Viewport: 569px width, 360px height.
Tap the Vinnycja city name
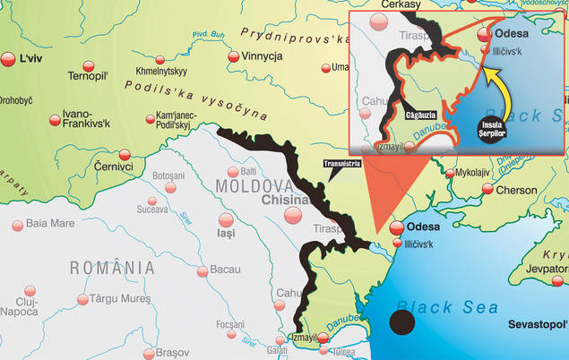tap(263, 56)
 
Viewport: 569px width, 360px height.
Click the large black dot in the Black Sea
tap(401, 323)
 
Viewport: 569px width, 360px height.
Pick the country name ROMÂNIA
tap(112, 267)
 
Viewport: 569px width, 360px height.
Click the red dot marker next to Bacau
tap(178, 270)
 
